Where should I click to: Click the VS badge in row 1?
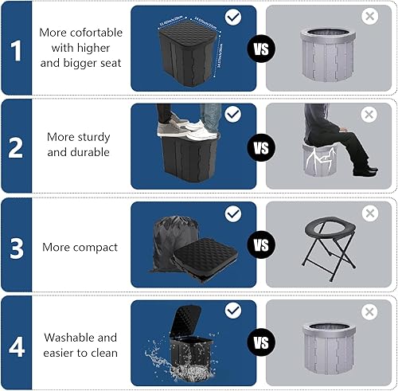pyautogui.click(x=260, y=49)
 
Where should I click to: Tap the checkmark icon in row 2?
pyautogui.click(x=232, y=115)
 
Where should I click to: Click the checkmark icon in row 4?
pyautogui.click(x=232, y=310)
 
